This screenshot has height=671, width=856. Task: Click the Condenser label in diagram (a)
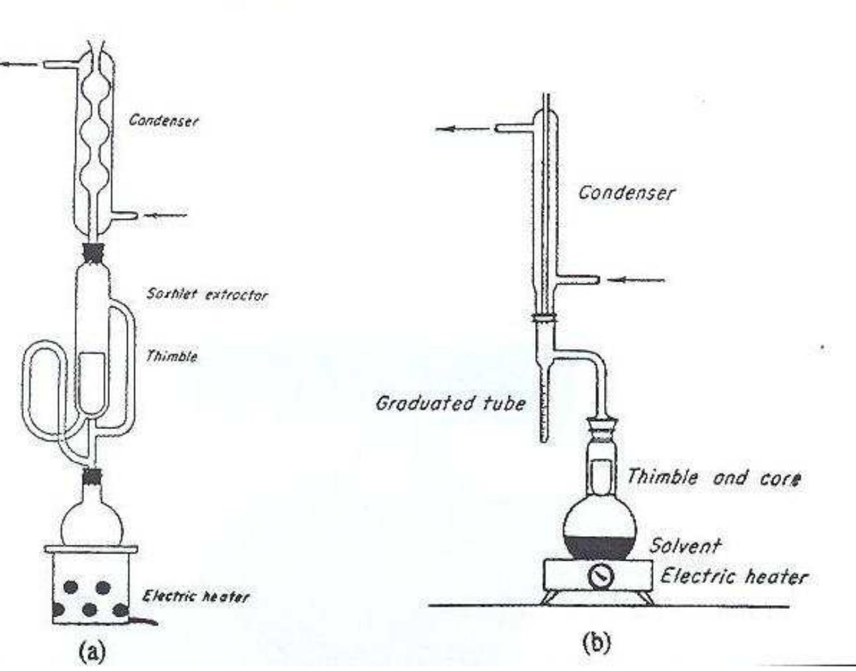click(x=163, y=120)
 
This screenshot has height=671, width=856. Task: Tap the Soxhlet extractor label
click(x=207, y=294)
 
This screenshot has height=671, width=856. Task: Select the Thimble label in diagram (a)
click(x=171, y=356)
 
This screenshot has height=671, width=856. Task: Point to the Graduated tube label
click(x=450, y=403)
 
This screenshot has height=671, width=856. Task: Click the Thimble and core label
click(x=714, y=477)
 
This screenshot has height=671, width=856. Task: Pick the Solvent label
click(x=684, y=545)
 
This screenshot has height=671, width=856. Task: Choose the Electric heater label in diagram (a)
click(x=196, y=596)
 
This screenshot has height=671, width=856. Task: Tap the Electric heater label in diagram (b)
click(x=734, y=576)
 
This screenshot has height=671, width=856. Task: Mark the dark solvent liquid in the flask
click(x=599, y=547)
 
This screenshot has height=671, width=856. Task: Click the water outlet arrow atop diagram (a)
click(x=19, y=64)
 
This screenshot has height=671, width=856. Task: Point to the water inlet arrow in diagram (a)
click(x=166, y=215)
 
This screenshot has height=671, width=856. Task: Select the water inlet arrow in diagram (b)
click(x=636, y=280)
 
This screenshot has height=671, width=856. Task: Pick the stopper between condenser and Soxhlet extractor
click(x=93, y=252)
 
